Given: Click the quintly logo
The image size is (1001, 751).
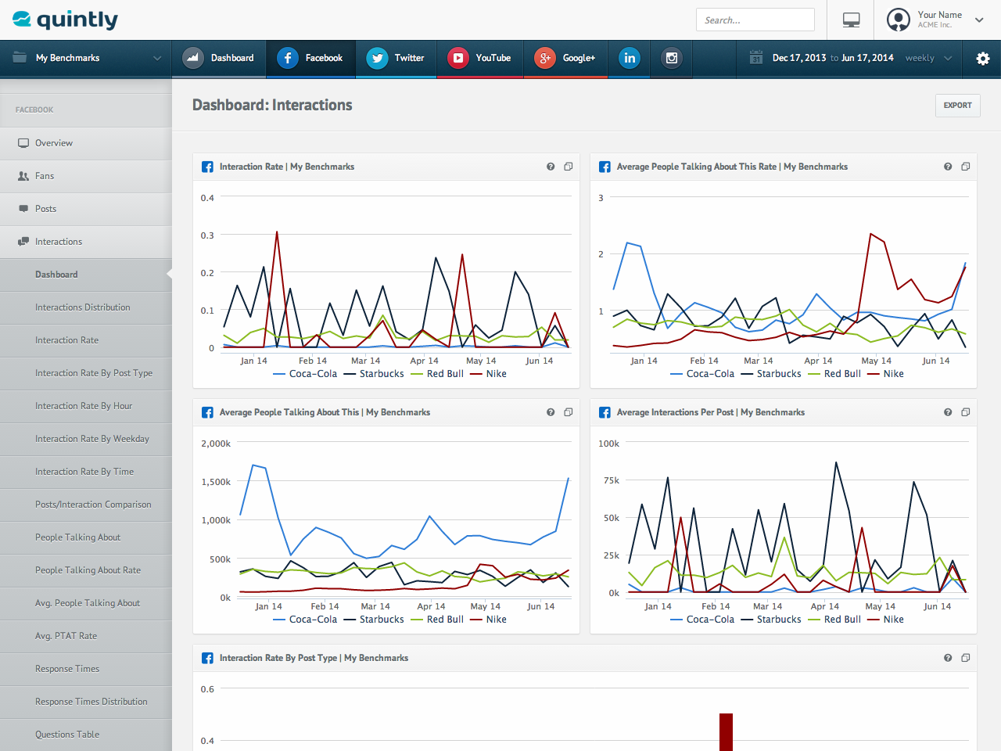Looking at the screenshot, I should (66, 20).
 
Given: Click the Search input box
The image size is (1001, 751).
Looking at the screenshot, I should (755, 20).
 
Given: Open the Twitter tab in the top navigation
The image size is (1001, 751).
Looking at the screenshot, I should (396, 58).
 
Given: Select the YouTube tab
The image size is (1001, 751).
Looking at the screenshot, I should (479, 58).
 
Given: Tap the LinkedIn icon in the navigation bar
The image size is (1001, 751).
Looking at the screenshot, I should (630, 58).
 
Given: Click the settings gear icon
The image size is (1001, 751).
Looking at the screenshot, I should (983, 59).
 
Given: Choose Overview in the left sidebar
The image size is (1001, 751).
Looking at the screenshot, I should (54, 143).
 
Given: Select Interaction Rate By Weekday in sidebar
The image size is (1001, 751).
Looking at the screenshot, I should (91, 439).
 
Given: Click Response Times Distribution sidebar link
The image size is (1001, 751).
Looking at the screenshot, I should (91, 702).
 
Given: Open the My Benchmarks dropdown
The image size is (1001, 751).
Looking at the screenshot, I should (86, 58).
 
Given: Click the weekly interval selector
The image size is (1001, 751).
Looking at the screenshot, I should (928, 58).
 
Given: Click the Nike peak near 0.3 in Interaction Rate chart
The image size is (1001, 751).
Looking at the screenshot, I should (277, 232).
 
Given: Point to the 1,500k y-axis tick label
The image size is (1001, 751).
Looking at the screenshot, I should (216, 482).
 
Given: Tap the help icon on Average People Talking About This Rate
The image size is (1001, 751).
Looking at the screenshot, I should (948, 167).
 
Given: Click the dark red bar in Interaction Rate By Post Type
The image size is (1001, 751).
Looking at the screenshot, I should (726, 731).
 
